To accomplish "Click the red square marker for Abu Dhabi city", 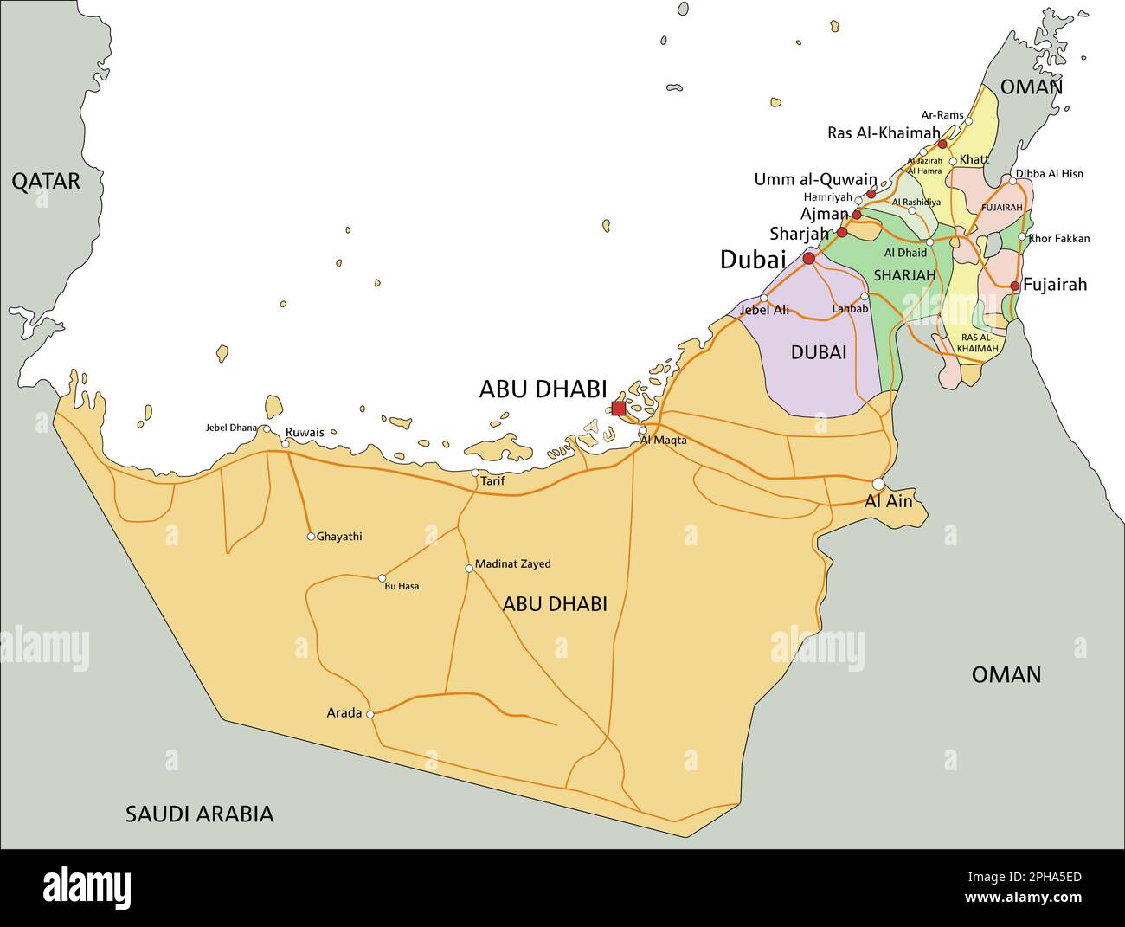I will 618,409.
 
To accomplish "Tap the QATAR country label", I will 45,181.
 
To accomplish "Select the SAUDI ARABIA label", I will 199,814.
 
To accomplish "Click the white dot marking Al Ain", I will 878,484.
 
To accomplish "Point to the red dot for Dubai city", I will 809,258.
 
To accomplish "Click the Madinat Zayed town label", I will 513,564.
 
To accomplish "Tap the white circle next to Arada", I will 370,714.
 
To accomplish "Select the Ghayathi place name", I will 339,537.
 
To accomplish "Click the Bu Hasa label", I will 402,587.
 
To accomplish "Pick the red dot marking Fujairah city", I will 1015,286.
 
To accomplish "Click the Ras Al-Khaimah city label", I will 883,133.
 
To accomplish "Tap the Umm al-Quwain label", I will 815,180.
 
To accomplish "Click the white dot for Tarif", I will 475,473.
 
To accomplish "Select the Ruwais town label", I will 305,432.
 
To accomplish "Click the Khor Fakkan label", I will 1060,239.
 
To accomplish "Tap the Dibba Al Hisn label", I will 1049,174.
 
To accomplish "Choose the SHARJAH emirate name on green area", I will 904,275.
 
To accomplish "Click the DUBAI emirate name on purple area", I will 818,352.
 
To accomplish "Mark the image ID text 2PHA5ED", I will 1038,877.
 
